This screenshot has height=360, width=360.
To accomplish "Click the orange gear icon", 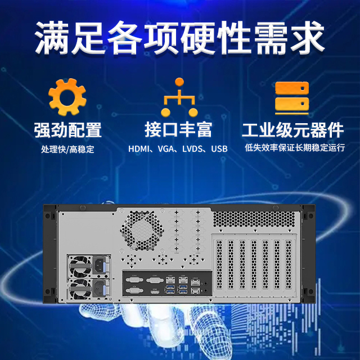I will tap(67, 97).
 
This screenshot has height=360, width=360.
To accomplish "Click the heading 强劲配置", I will tap(67, 130).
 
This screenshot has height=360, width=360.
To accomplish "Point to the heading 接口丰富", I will tap(178, 130).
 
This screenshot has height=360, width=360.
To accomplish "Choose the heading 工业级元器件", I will tap(292, 130).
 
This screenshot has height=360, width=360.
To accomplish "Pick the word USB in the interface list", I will tap(219, 150).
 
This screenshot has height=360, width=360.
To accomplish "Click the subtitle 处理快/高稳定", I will tap(67, 150).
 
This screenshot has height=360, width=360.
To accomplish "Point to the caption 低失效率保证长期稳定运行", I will tap(294, 148).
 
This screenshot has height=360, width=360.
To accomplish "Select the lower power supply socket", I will tap(101, 290).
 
